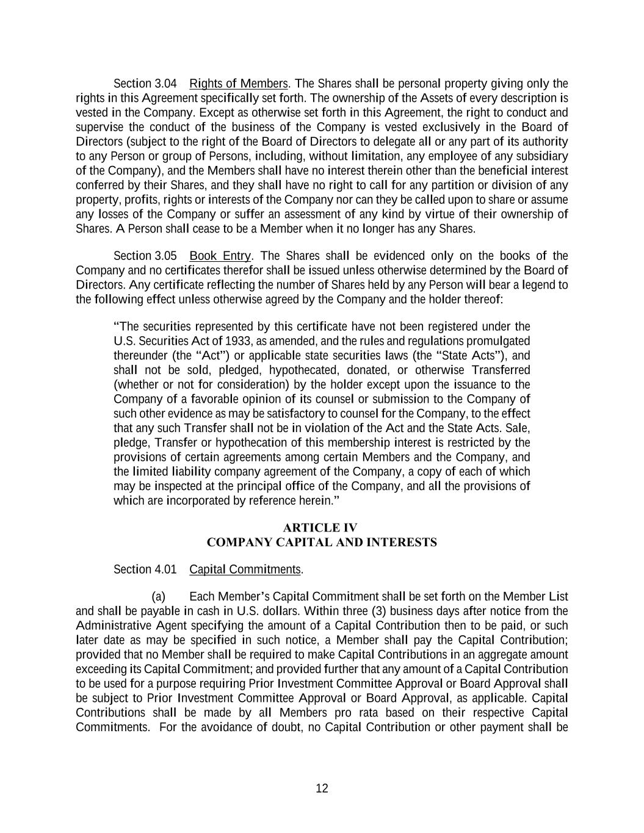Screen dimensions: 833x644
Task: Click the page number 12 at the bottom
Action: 322,788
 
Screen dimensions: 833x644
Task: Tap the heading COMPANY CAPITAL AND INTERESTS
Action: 322,543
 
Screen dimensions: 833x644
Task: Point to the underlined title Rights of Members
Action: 238,84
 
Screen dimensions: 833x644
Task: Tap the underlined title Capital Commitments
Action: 245,569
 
